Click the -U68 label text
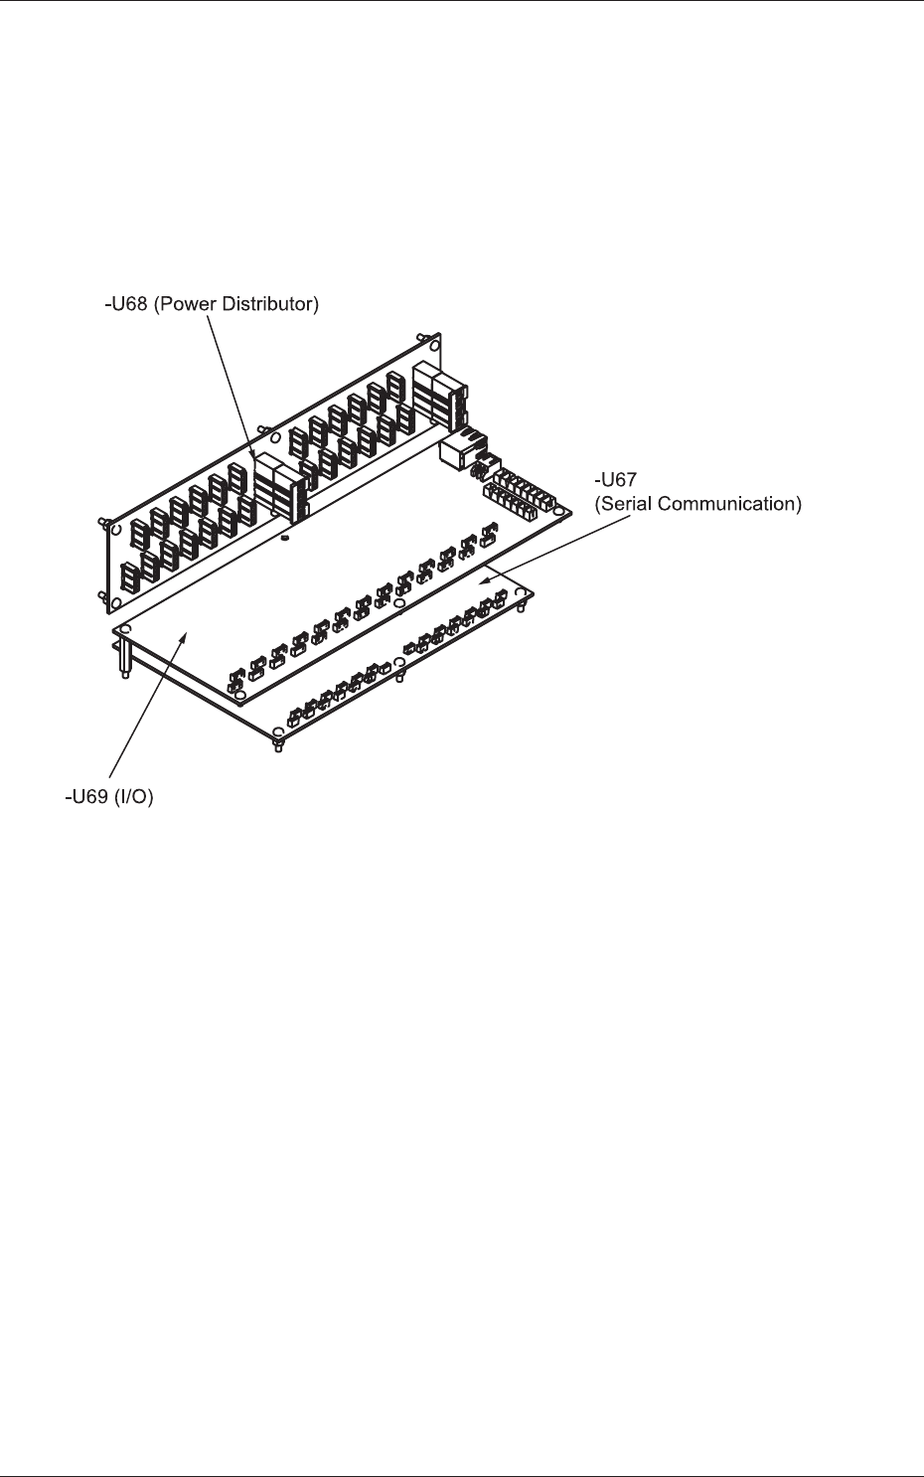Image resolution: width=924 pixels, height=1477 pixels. tap(126, 304)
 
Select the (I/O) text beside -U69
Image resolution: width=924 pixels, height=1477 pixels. tap(135, 797)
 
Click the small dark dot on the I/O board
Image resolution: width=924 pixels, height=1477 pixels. tap(284, 539)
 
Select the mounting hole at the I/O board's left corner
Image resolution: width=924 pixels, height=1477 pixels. tap(126, 630)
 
